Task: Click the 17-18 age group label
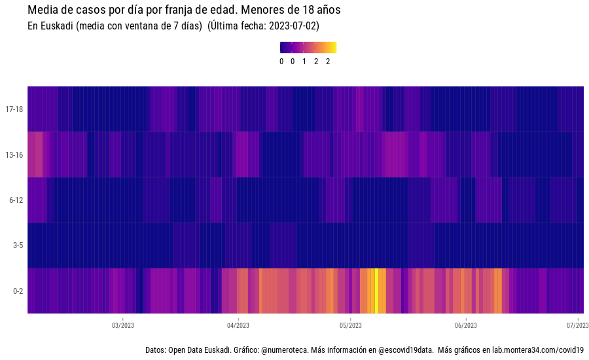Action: click(14, 109)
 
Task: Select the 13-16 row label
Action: click(14, 154)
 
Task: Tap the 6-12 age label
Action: click(16, 200)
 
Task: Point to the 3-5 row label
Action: click(18, 245)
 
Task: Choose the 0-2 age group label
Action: click(18, 291)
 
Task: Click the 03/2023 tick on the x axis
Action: click(123, 325)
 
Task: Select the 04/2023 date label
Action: click(238, 325)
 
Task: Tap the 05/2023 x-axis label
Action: click(351, 325)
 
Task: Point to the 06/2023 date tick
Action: click(465, 325)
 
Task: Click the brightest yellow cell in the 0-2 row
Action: click(376, 291)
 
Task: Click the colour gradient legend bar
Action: click(308, 47)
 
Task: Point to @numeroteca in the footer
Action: click(284, 350)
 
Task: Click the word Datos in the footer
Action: click(155, 350)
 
